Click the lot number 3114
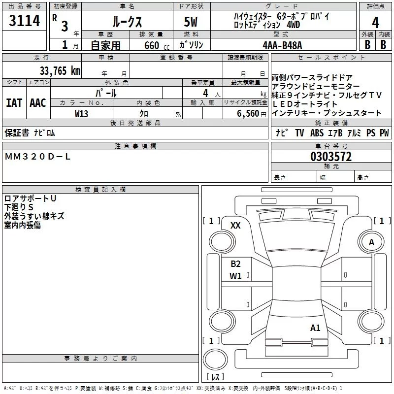(x=25, y=21)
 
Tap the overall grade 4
(x=376, y=23)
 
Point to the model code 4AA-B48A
(x=282, y=45)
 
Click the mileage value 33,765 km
(x=60, y=70)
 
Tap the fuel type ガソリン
(x=191, y=45)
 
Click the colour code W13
(x=81, y=113)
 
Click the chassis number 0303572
(x=331, y=157)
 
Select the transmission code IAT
(x=14, y=103)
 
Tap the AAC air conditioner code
(x=37, y=103)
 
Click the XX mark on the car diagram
(x=235, y=225)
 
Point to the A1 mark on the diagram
(x=315, y=328)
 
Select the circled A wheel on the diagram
(x=372, y=242)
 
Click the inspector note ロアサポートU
(x=30, y=198)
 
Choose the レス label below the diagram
(x=215, y=378)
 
